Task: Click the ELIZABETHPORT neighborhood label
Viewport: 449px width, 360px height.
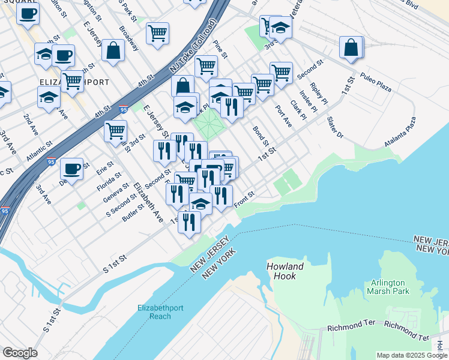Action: pyautogui.click(x=74, y=82)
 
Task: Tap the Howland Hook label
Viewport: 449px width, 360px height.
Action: pyautogui.click(x=285, y=271)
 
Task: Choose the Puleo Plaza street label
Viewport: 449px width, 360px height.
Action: pyautogui.click(x=376, y=83)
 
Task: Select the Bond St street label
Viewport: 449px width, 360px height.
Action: pyautogui.click(x=259, y=136)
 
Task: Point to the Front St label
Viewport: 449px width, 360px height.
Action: pyautogui.click(x=245, y=200)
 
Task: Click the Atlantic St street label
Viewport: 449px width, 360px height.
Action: pyautogui.click(x=39, y=150)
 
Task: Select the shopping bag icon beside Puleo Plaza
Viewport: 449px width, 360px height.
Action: pyautogui.click(x=351, y=48)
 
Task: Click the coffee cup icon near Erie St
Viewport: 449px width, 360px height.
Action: pyautogui.click(x=71, y=169)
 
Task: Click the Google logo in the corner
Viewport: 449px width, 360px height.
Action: pyautogui.click(x=19, y=353)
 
